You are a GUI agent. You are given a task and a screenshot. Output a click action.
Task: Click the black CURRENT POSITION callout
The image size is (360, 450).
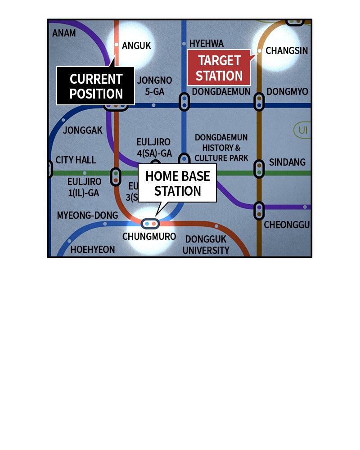(96, 86)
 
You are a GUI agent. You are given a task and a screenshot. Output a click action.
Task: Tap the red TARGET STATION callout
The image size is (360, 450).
(219, 67)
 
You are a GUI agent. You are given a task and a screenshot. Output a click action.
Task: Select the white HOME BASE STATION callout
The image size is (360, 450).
(177, 183)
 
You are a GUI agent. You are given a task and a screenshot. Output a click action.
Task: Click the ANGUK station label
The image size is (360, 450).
(136, 45)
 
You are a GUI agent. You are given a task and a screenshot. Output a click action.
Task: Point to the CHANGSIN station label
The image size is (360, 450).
(287, 50)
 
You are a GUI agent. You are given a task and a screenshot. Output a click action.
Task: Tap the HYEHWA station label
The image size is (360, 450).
(206, 43)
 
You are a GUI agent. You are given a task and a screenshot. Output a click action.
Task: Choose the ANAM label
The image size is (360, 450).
(64, 33)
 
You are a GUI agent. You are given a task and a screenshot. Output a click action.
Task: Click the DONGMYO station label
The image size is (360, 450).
(287, 92)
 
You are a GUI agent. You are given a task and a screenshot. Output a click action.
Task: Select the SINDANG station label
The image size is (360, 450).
(287, 162)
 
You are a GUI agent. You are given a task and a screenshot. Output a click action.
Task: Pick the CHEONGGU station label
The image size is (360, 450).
(287, 225)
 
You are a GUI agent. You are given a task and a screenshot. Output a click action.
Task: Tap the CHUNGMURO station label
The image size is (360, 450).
(149, 236)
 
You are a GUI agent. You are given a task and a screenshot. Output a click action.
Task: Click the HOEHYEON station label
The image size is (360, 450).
(93, 249)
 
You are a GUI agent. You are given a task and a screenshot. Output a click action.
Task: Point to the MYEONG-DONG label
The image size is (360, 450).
(87, 215)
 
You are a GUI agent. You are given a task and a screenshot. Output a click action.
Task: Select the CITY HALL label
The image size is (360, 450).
(76, 160)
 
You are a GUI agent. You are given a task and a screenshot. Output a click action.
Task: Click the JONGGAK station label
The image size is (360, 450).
(83, 130)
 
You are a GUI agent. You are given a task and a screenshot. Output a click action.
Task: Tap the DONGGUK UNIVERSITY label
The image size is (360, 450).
(206, 245)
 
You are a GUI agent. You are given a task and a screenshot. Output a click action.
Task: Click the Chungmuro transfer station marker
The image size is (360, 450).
(150, 223)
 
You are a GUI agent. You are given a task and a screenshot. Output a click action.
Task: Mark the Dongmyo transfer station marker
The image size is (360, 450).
(259, 102)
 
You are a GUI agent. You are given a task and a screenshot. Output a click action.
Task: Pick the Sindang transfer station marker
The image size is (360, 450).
(259, 169)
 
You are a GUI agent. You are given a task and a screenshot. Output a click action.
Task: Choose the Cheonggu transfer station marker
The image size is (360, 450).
(259, 211)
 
